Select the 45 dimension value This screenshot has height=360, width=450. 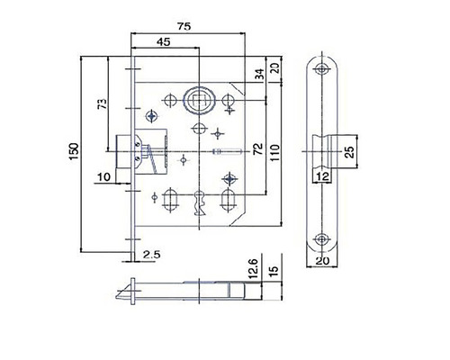pyautogui.click(x=164, y=42)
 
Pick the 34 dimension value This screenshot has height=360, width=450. pyautogui.click(x=258, y=74)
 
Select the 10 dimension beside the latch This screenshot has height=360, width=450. pyautogui.click(x=105, y=176)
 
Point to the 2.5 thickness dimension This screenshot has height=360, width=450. pyautogui.click(x=151, y=256)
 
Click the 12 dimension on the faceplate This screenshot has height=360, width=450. pyautogui.click(x=321, y=175)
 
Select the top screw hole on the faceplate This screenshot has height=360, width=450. pyautogui.click(x=321, y=70)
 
